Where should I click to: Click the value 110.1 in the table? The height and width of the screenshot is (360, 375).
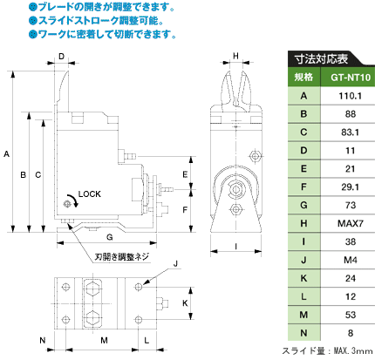pos(350,96)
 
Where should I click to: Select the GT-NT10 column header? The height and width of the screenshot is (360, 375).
pos(351,78)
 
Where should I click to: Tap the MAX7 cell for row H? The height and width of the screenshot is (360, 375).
pos(351,223)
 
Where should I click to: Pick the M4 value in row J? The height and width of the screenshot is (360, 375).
pos(351,260)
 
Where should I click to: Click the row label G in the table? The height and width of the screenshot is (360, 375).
pos(303,205)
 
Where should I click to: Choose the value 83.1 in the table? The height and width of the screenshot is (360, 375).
pos(350,132)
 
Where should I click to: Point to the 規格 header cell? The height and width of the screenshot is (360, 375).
pos(303,77)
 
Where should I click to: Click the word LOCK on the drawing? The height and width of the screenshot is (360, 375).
pos(90,194)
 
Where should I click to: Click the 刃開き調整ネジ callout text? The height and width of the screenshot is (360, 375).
pos(121,256)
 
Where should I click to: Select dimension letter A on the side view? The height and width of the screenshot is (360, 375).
pos(6,154)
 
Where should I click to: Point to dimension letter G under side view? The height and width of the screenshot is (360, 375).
pos(110,237)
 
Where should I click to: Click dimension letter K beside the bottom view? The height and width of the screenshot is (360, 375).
pos(185,303)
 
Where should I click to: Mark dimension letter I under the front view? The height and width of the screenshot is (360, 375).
pos(235,247)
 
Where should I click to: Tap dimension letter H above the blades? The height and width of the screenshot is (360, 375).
pos(235,56)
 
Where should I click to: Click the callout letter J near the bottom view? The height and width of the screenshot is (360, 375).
pos(175,264)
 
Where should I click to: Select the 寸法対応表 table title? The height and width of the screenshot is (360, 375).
pos(322,59)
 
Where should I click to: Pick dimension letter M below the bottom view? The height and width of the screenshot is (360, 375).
pos(104,340)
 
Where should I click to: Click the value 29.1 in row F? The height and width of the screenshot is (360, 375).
pos(350,187)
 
